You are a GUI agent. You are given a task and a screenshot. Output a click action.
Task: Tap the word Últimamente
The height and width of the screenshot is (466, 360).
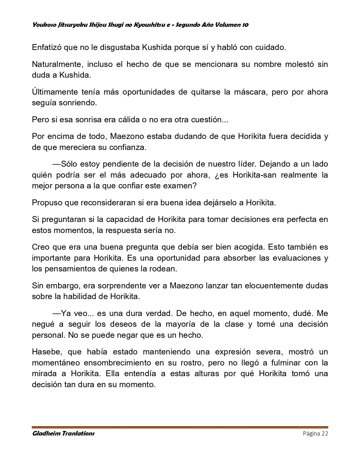55,92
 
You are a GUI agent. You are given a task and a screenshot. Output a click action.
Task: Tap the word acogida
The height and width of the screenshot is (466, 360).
246,247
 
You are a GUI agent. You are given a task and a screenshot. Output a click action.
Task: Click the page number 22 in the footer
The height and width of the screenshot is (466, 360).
324,434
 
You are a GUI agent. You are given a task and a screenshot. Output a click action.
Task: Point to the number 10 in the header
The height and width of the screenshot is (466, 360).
245,25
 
